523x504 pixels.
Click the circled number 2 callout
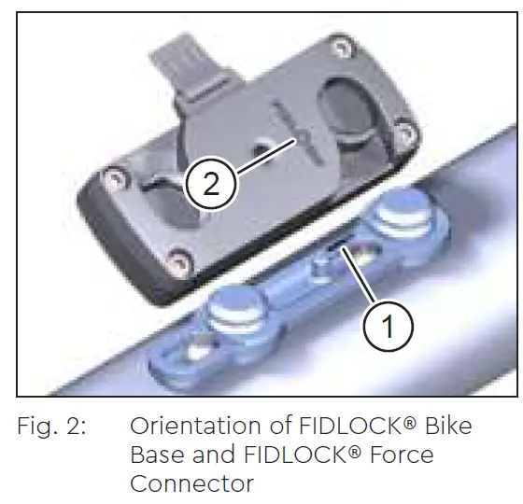211,183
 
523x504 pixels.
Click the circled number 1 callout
388,325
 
